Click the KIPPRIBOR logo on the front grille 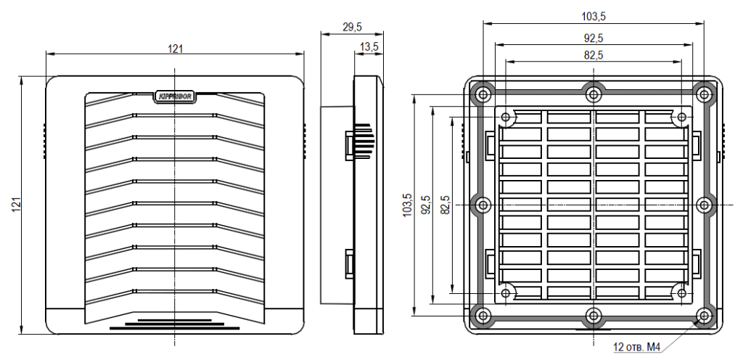175,94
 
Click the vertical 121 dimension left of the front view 15,205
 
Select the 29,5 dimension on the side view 352,27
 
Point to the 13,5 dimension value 369,46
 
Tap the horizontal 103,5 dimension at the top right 594,15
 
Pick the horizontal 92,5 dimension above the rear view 594,37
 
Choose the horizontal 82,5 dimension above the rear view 594,54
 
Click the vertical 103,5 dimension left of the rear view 408,205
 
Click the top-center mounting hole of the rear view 594,93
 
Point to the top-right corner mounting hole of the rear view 703,93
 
